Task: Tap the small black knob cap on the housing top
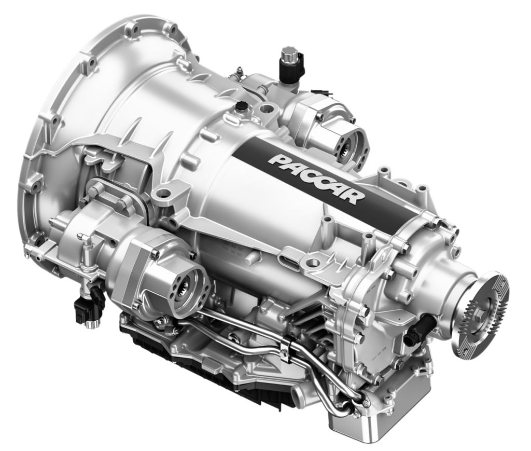(241, 105)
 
